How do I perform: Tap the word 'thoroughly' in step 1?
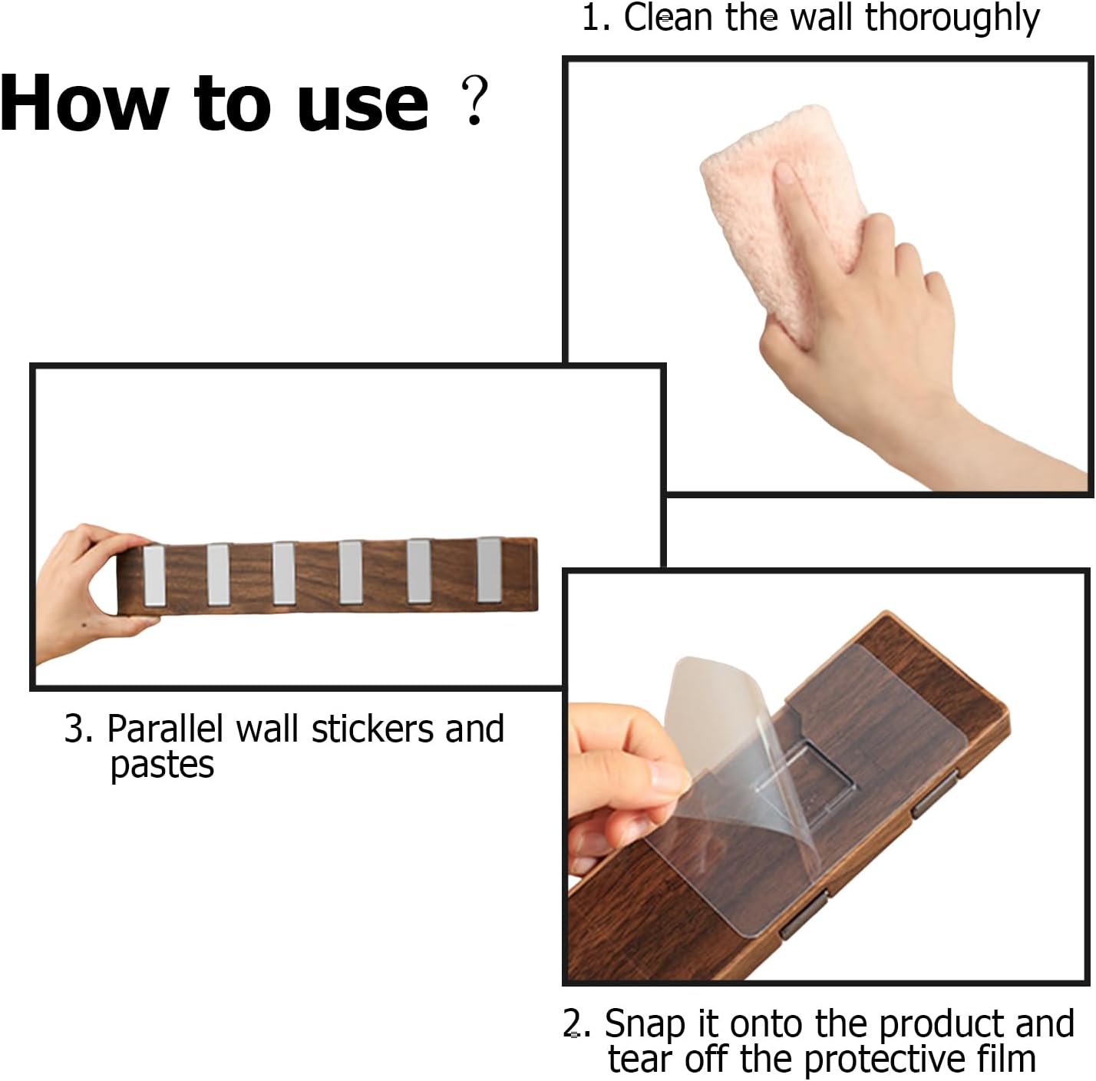(952, 18)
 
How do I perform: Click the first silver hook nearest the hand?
(154, 576)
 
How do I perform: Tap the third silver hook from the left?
(284, 573)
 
